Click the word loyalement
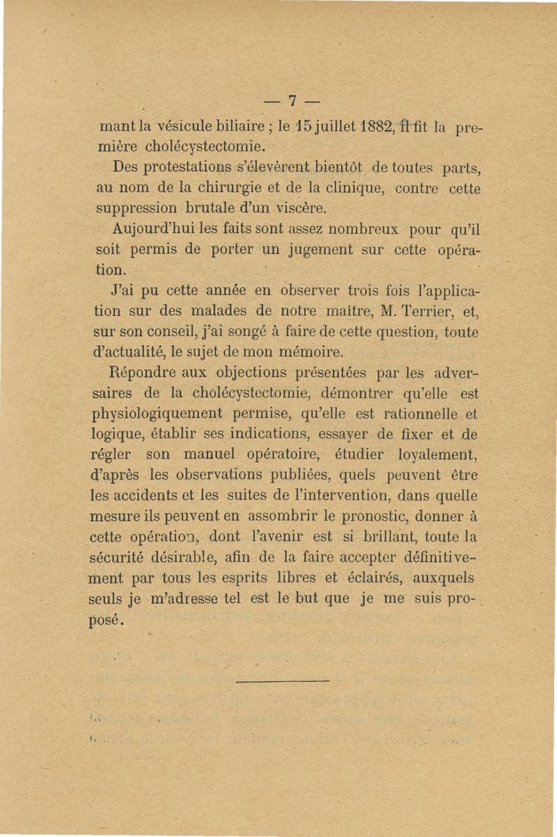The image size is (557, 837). pyautogui.click(x=444, y=456)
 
